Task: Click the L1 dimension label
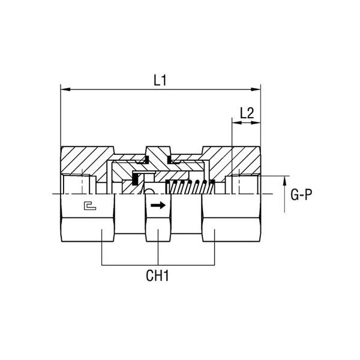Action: click(160, 80)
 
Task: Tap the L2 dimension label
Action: click(247, 112)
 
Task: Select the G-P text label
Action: click(300, 195)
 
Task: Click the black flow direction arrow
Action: click(157, 205)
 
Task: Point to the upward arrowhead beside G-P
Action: click(284, 181)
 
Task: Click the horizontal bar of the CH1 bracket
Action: click(158, 265)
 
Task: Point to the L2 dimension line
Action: click(247, 122)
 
